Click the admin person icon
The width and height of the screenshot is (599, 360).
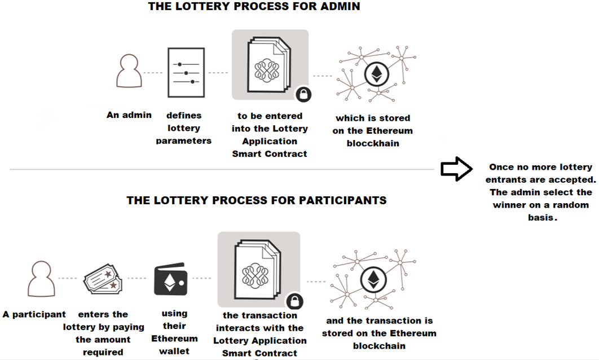[x=129, y=71]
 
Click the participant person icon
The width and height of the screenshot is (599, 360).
[x=41, y=279]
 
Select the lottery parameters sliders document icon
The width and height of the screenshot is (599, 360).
[x=186, y=73]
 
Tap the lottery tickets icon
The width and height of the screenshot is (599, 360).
[x=103, y=279]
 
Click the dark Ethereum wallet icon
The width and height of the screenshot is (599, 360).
[x=171, y=279]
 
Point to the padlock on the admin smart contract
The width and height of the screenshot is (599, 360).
[x=303, y=94]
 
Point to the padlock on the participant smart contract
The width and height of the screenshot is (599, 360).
[x=294, y=301]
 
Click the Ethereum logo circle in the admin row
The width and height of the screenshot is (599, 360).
[x=377, y=74]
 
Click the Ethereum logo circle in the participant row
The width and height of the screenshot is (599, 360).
[x=373, y=279]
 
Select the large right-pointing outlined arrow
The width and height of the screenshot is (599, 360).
[x=456, y=169]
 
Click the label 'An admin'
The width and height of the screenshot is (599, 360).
[x=129, y=115]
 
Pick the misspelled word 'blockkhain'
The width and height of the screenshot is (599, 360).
[x=373, y=143]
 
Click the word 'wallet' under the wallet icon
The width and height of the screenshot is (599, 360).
[x=174, y=351]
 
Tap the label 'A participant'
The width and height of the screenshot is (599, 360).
[x=34, y=314]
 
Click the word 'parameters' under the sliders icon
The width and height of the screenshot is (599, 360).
[x=184, y=141]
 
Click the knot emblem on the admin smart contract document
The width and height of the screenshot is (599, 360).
[x=267, y=70]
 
